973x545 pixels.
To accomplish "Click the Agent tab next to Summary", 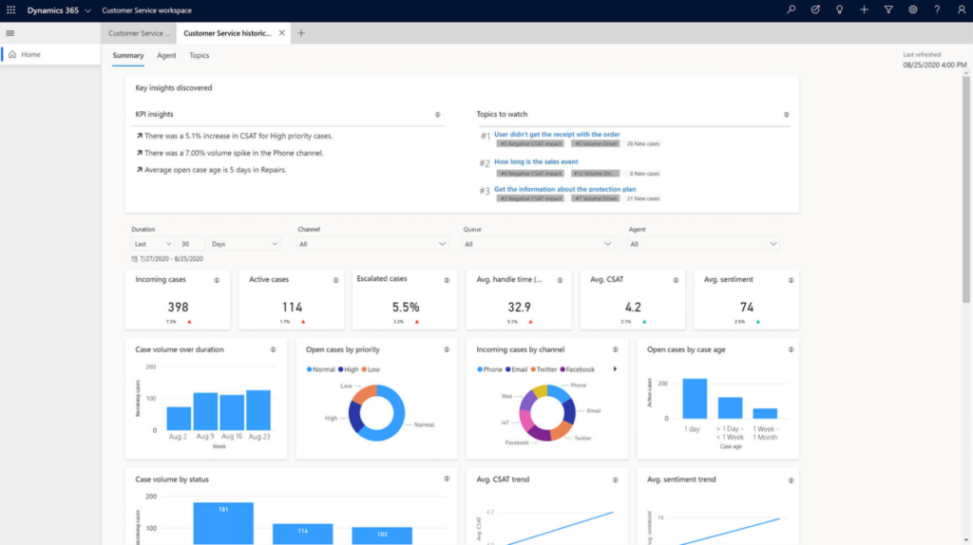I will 166,55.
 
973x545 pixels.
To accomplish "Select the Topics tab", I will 199,55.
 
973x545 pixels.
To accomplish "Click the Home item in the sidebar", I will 30,54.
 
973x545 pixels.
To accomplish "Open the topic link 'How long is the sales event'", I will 536,161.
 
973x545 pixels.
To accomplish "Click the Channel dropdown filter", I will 372,244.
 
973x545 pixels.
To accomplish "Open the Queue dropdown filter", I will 538,244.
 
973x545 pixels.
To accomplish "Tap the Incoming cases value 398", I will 177,307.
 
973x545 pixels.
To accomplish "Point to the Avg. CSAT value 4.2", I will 633,307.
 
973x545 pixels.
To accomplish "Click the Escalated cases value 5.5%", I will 406,307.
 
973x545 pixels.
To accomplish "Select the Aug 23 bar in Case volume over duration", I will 258,410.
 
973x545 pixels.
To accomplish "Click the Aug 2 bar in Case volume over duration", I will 179,418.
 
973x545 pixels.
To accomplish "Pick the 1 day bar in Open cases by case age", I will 695,399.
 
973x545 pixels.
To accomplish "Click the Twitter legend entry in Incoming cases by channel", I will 545,368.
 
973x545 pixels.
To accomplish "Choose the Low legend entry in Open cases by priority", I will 371,368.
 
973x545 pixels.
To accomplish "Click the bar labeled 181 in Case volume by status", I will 223,523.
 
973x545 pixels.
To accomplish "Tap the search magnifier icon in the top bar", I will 792,9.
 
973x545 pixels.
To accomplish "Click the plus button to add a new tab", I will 301,33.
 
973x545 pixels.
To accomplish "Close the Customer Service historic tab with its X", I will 281,33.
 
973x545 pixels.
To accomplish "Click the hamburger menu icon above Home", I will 10,33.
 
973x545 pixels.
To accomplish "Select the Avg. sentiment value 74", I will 746,307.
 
